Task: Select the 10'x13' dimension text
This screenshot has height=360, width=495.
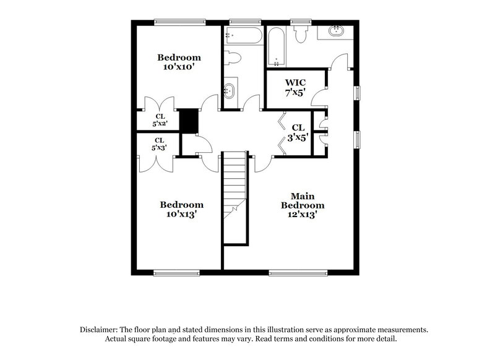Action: click(x=181, y=214)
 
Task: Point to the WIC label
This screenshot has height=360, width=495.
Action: click(x=296, y=82)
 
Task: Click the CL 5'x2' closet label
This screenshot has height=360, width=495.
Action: click(x=160, y=119)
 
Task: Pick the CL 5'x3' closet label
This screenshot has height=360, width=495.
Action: click(x=160, y=144)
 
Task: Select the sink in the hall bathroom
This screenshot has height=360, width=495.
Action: click(x=229, y=91)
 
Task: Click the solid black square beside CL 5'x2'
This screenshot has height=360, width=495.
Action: click(x=188, y=120)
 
